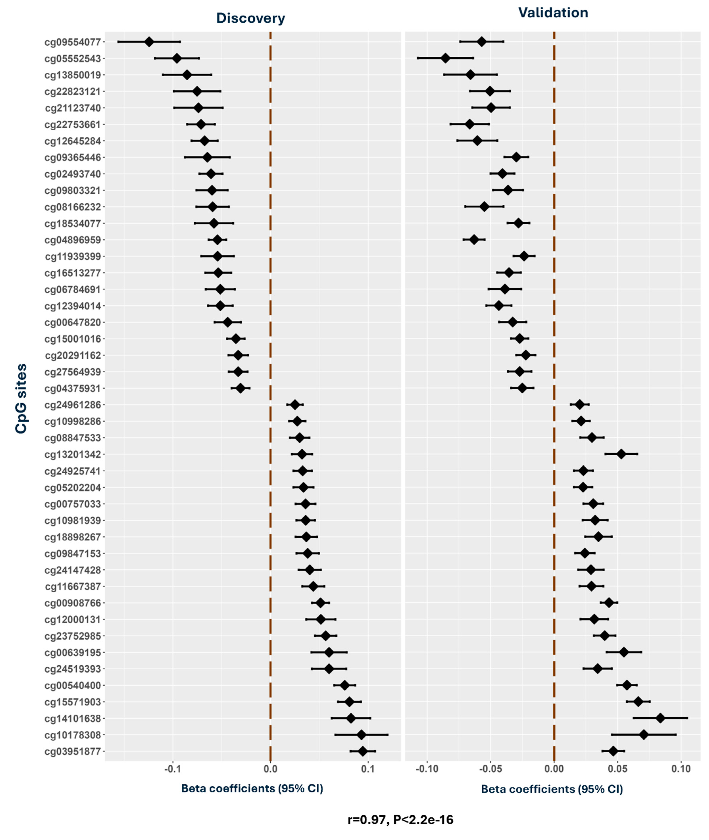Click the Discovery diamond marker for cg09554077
[149, 42]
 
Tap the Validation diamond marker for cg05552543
[445, 58]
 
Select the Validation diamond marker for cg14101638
[660, 718]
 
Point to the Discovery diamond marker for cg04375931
[240, 388]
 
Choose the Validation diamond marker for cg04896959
[474, 239]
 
